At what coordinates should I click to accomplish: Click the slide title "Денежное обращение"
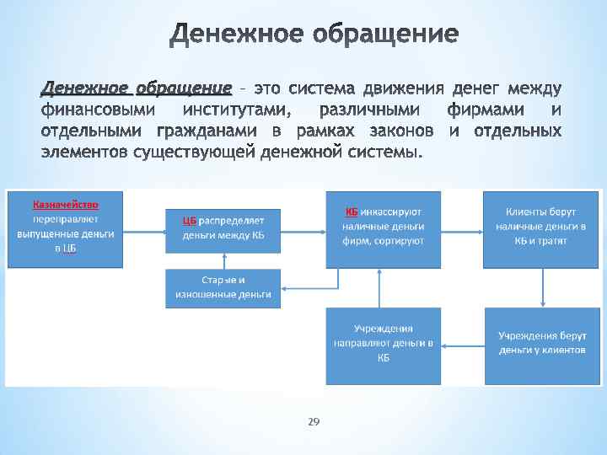[314, 35]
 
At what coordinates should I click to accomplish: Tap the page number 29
[313, 420]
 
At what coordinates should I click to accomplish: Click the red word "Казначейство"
[66, 205]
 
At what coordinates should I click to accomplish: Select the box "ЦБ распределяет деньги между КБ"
[223, 227]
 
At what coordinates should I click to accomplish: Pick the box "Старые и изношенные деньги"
[223, 288]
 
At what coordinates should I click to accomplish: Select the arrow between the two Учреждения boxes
[462, 344]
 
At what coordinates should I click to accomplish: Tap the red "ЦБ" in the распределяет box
[190, 221]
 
